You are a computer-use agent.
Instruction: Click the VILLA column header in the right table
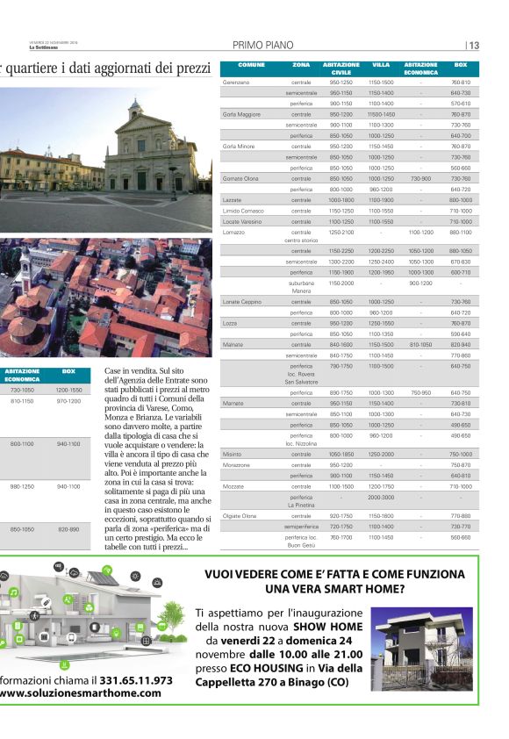(x=381, y=65)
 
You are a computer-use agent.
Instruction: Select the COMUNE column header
(x=251, y=65)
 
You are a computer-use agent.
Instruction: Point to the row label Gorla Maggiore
(x=241, y=114)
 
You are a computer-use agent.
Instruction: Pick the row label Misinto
(x=232, y=454)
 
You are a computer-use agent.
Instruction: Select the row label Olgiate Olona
(x=240, y=515)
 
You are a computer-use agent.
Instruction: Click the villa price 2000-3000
(x=381, y=496)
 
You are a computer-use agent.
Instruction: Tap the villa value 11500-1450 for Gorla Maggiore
(x=381, y=114)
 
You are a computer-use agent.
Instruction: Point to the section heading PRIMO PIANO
(x=262, y=46)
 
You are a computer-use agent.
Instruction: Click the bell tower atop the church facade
(x=134, y=110)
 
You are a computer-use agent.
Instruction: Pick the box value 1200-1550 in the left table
(x=68, y=389)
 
